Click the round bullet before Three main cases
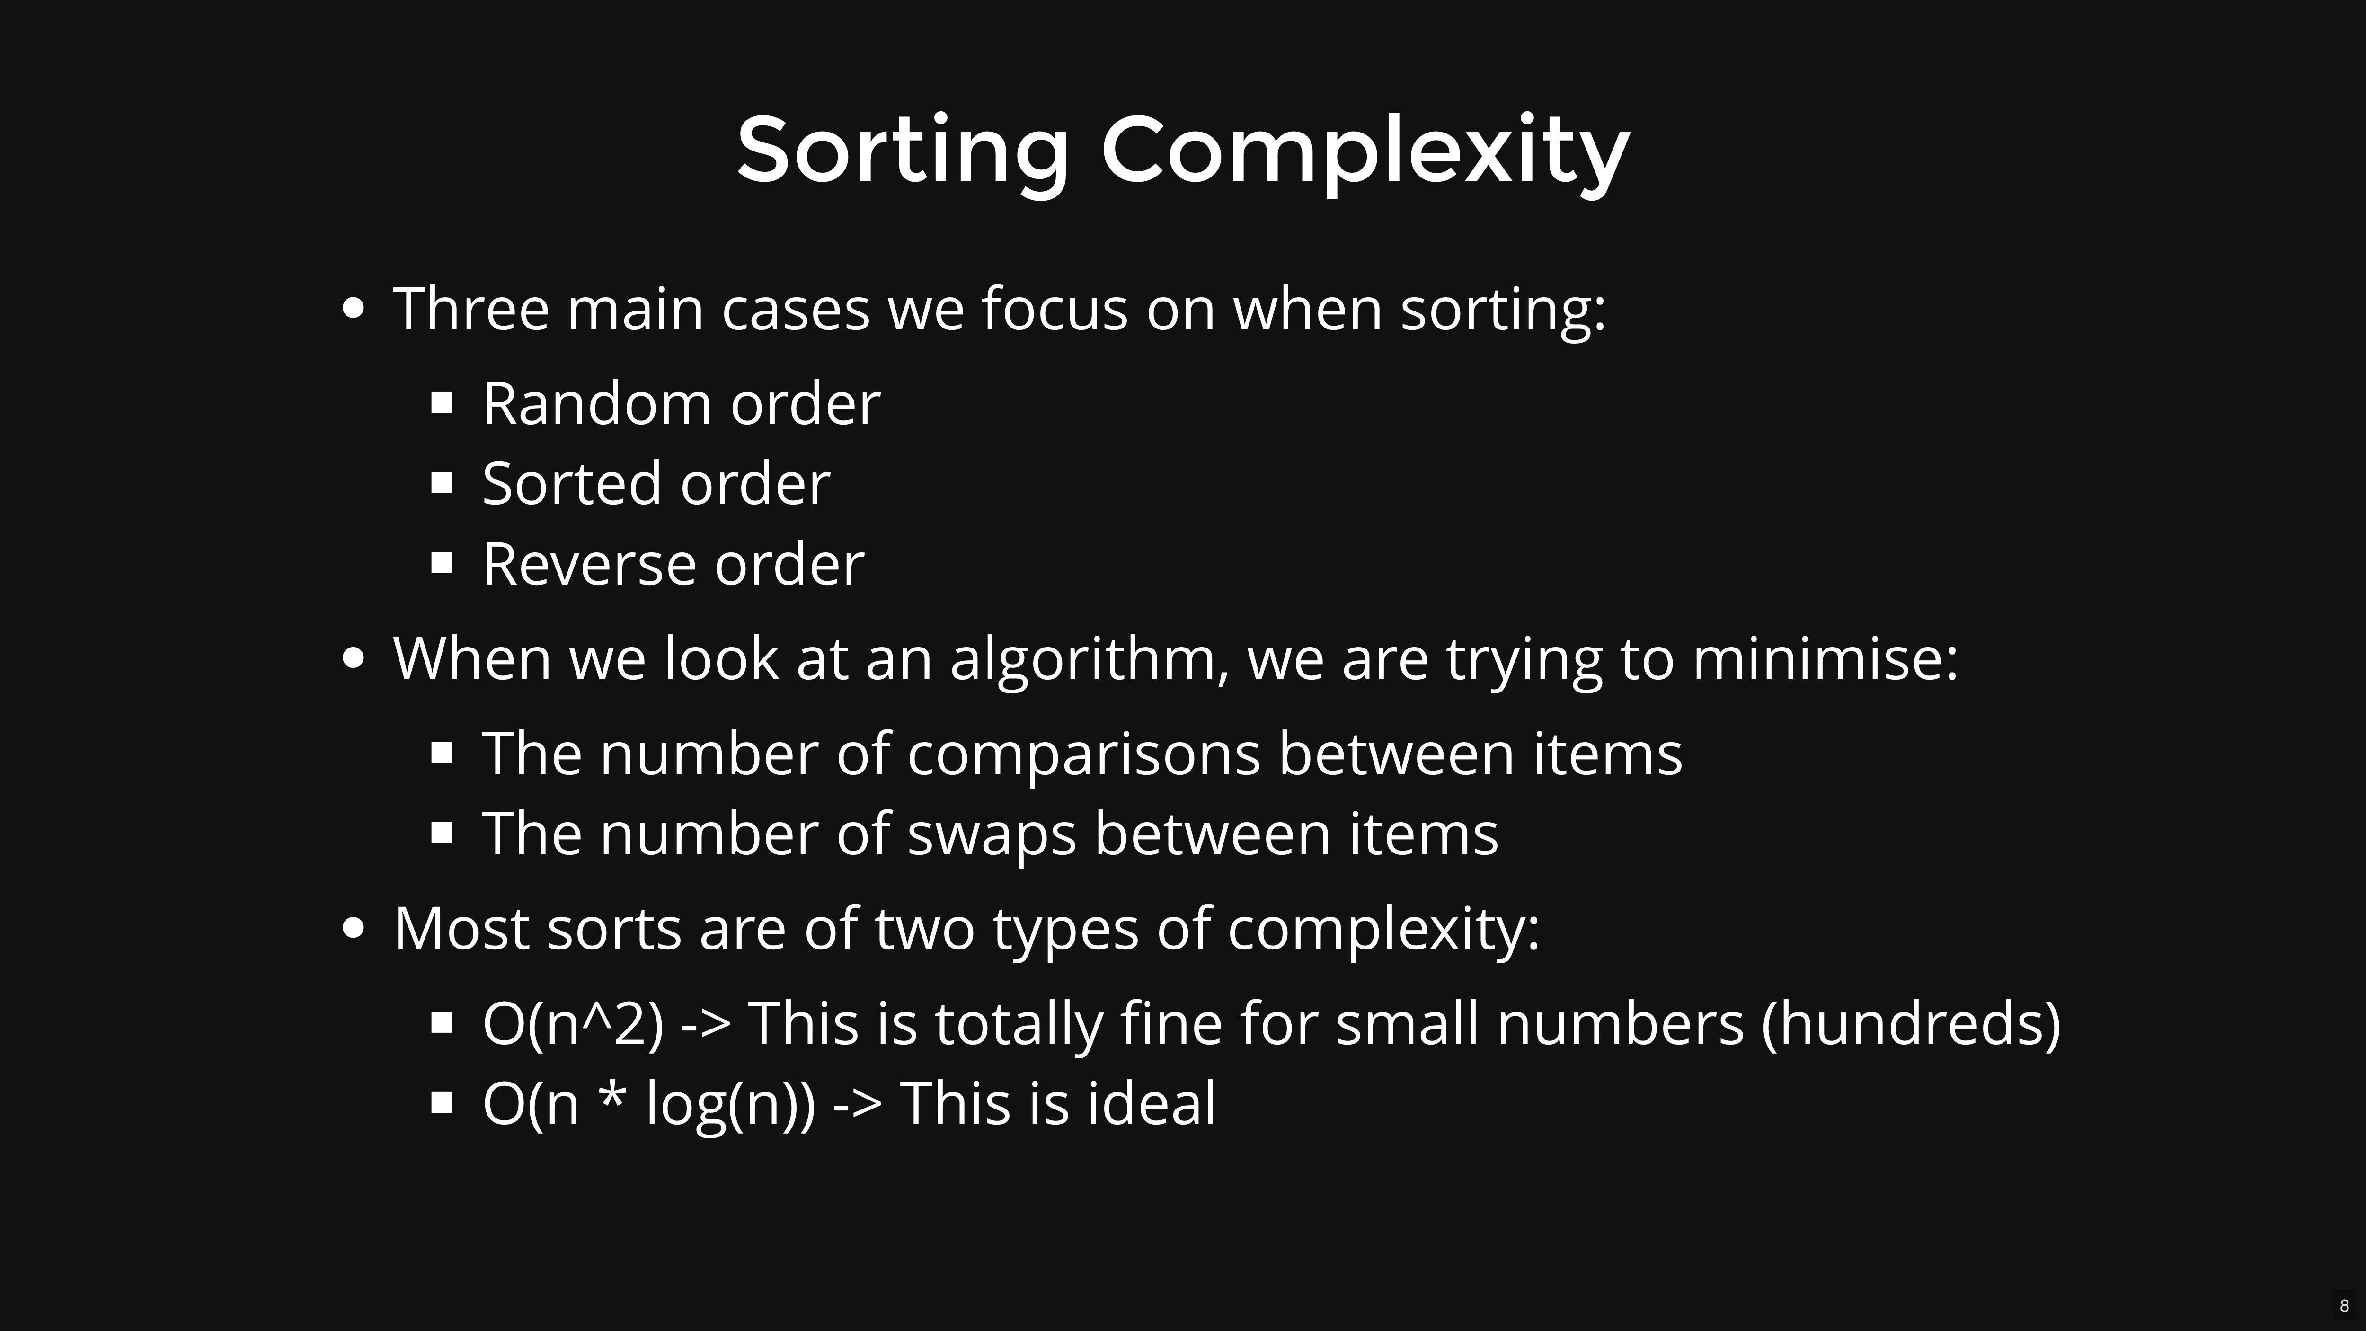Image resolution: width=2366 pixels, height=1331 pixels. tap(353, 309)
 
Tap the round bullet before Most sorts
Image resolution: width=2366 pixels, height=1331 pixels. tap(353, 928)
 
